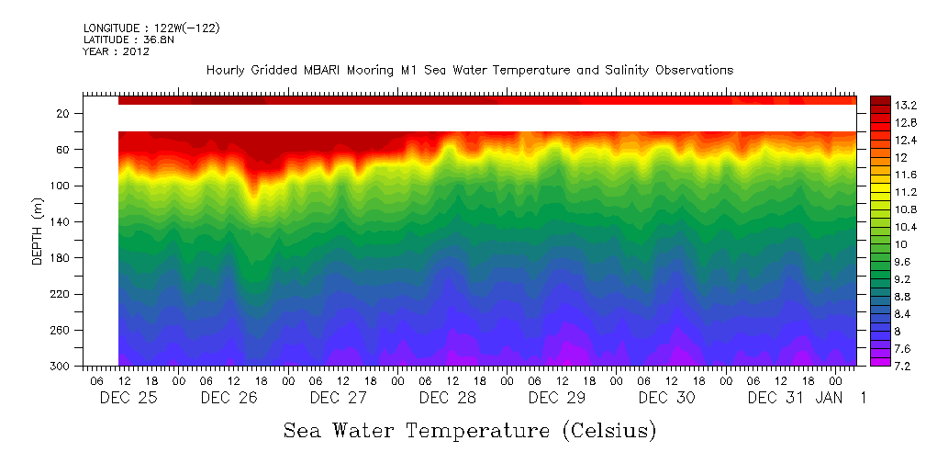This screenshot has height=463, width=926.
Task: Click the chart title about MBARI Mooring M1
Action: click(470, 71)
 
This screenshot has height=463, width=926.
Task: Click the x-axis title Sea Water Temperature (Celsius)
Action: click(470, 430)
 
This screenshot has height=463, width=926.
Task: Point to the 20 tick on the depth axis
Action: click(64, 114)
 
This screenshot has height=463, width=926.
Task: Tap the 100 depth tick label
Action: click(61, 186)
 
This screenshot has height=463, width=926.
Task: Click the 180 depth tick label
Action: click(61, 258)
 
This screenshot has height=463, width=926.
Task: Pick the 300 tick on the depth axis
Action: click(61, 367)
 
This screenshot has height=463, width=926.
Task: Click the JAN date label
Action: click(830, 398)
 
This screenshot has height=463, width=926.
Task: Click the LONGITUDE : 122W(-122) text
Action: click(151, 28)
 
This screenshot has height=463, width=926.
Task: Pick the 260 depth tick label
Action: click(61, 331)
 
